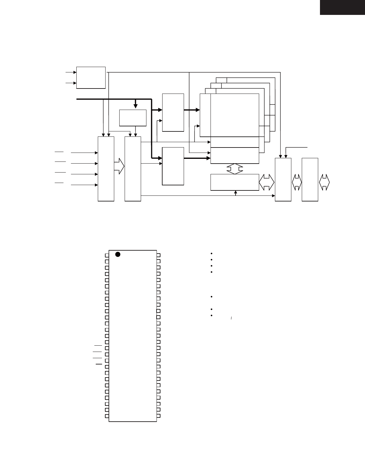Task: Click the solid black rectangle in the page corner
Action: (342, 7)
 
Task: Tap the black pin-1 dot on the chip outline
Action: (118, 254)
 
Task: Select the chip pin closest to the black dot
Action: (107, 255)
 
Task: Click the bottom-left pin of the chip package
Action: (107, 416)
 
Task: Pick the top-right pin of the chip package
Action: (159, 255)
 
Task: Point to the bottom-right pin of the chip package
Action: (159, 416)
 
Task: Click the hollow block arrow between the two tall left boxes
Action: (119, 166)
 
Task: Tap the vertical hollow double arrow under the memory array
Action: (235, 169)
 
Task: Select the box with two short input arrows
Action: (91, 78)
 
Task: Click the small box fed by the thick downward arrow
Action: (133, 118)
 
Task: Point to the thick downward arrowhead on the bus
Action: (135, 106)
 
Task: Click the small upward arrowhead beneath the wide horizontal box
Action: (236, 192)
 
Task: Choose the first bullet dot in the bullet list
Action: (211, 254)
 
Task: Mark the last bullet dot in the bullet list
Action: (211, 316)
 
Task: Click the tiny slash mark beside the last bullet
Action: (231, 319)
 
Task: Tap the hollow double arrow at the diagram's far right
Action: (324, 182)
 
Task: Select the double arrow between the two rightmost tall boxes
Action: (296, 182)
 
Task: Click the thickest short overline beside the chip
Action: (99, 364)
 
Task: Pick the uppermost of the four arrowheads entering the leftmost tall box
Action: (96, 153)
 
